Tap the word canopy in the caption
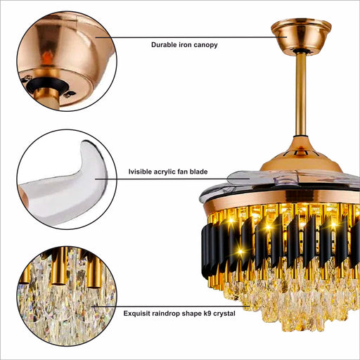[207, 45]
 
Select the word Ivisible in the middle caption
[140, 172]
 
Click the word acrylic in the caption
[165, 172]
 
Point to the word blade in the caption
[198, 172]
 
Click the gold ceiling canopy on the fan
[301, 36]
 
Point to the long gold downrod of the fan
[301, 94]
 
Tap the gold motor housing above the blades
[301, 156]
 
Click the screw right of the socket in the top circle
[70, 94]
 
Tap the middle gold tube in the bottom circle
[58, 267]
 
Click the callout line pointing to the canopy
[191, 37]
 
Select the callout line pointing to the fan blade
[172, 179]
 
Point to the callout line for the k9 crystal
[170, 306]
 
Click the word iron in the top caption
[186, 44]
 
